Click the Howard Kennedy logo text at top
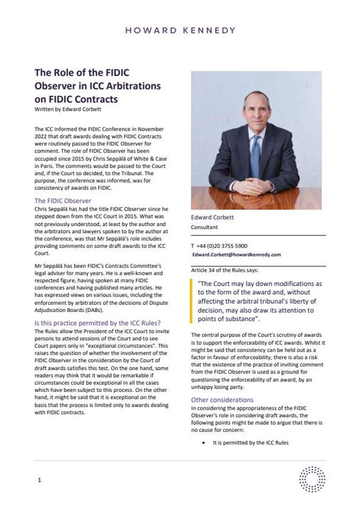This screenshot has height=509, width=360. tap(179, 30)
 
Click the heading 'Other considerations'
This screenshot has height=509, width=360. tap(222, 400)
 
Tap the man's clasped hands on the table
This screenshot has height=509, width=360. tap(256, 196)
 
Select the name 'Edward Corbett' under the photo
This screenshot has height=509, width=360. tap(213, 217)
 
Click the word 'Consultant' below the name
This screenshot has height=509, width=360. tap(204, 227)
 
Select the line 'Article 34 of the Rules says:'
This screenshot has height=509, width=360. tap(225, 270)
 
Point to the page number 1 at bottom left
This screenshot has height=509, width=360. tap(39, 480)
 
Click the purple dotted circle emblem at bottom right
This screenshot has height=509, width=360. tap(312, 478)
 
